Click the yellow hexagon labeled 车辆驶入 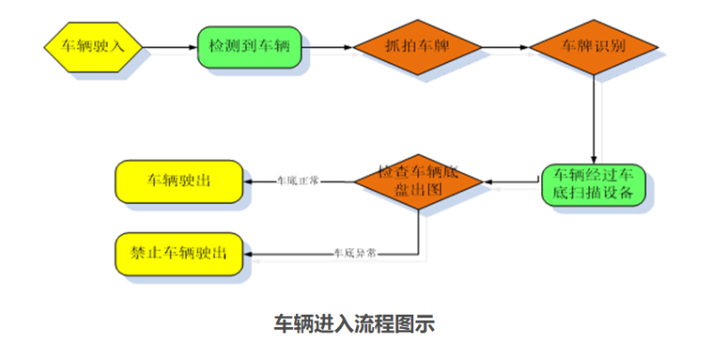92,44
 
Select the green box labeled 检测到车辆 249,44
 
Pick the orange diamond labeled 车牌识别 594,44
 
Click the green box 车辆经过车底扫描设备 595,184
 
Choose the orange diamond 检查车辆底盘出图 418,182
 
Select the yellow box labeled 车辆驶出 178,181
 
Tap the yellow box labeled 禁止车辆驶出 178,255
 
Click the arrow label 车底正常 298,181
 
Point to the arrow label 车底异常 355,254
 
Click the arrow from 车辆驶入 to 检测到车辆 169,44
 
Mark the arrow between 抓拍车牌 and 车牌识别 507,44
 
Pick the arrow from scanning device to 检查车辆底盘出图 512,183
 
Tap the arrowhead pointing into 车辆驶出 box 249,181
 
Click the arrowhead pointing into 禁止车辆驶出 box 249,254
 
